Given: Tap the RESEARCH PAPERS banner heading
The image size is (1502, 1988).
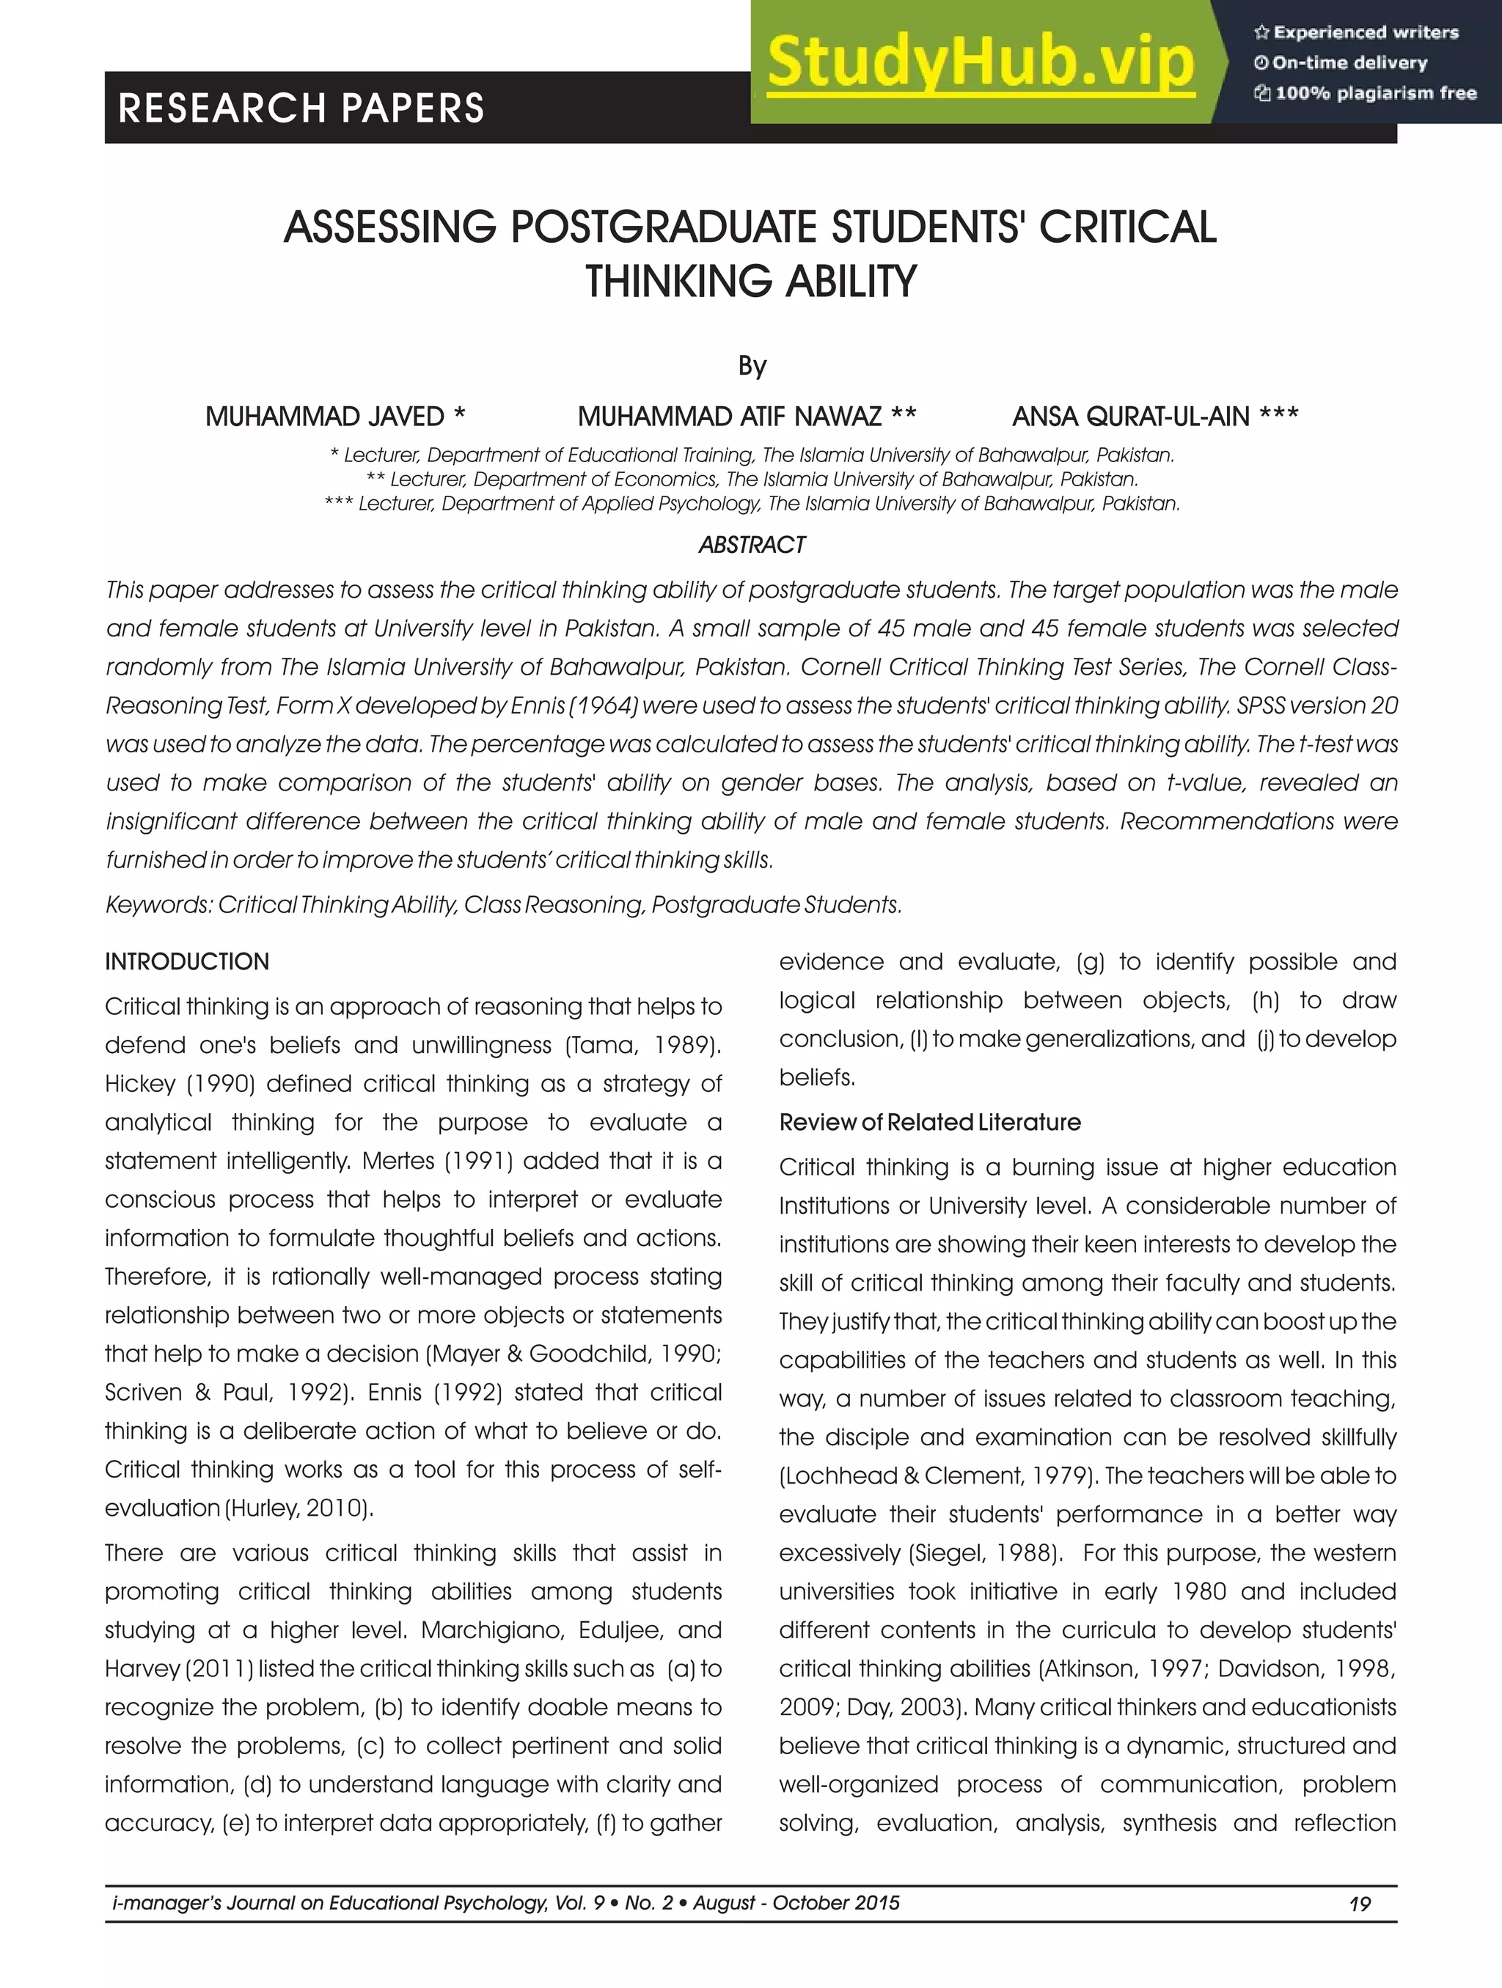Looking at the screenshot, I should (301, 108).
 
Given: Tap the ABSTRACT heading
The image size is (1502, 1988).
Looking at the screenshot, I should (752, 545).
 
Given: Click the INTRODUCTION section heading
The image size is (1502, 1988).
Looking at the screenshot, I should (187, 961).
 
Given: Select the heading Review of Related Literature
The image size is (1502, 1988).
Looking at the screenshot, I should (929, 1122).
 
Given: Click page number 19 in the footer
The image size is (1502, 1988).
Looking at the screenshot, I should (1359, 1904).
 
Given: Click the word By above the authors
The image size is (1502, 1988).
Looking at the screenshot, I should (752, 366).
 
